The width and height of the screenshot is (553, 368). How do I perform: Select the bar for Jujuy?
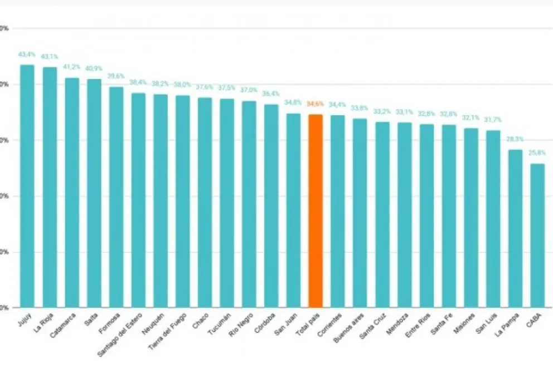[27, 186]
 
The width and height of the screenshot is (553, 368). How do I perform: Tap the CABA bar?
[537, 235]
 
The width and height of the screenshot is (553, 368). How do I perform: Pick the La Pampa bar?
[515, 228]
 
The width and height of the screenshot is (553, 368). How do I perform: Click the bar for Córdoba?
[271, 205]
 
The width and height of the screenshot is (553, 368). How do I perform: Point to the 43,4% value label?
[27, 55]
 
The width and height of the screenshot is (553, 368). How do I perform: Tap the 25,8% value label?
[537, 153]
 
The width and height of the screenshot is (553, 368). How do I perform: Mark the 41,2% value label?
[71, 67]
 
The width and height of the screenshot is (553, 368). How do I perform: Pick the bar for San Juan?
[293, 210]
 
